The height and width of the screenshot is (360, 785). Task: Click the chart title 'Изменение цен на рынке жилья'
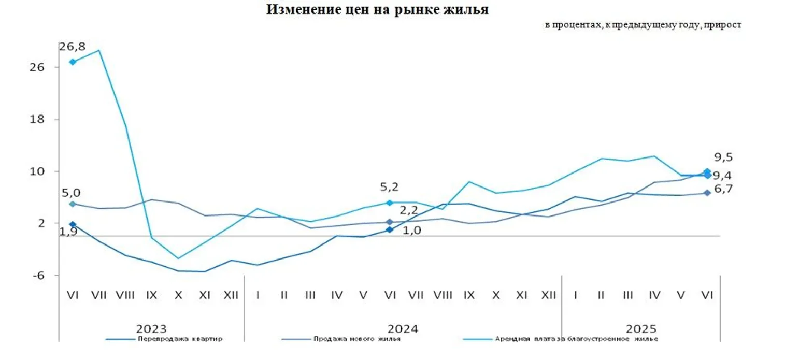(x=377, y=9)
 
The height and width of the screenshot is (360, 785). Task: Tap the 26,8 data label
(x=72, y=47)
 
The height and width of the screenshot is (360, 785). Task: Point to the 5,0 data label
(x=71, y=193)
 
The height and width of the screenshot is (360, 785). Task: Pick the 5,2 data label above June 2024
(x=389, y=187)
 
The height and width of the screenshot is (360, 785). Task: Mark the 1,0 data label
(x=412, y=231)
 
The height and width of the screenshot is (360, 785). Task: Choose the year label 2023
(x=151, y=329)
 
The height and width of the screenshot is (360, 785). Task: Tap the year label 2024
(x=403, y=329)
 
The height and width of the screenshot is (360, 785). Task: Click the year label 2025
(x=641, y=329)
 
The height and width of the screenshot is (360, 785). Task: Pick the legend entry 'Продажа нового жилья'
(x=356, y=339)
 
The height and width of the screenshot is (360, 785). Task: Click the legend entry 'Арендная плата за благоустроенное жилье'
(x=576, y=339)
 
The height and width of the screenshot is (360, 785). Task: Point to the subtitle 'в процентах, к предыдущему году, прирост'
(x=643, y=25)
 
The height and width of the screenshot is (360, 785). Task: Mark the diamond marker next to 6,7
(x=707, y=193)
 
